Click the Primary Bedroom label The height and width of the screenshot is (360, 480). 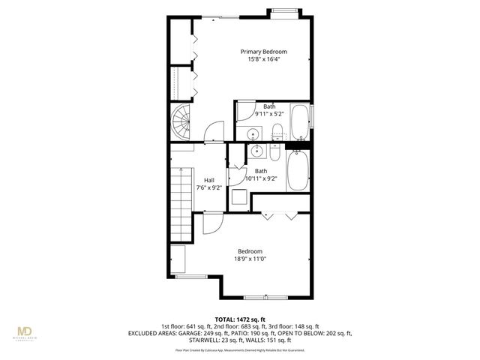click(x=263, y=52)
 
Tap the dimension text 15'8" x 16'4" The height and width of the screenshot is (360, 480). click(x=263, y=60)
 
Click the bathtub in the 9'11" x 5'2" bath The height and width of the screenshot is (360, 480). click(x=298, y=122)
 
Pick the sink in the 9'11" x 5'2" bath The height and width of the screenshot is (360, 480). click(x=254, y=134)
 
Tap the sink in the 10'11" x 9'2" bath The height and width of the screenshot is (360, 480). click(x=256, y=153)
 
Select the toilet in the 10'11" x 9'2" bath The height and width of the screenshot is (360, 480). click(x=274, y=154)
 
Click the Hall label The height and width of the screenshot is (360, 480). click(x=208, y=180)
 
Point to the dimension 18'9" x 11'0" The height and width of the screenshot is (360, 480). click(x=250, y=259)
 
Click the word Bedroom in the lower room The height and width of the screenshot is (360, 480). click(x=250, y=251)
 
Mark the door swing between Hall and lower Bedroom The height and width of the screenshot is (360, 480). click(x=210, y=223)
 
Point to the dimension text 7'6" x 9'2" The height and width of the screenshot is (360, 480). click(x=208, y=187)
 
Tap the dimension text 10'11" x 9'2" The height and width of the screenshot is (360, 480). click(x=261, y=178)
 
